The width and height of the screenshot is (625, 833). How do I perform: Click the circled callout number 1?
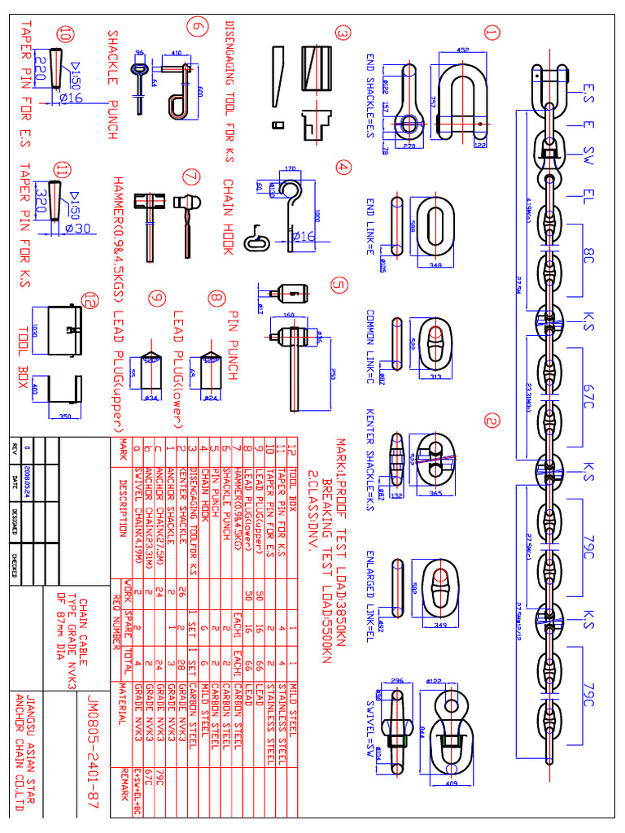click(x=491, y=33)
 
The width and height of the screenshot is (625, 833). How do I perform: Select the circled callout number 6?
click(x=195, y=26)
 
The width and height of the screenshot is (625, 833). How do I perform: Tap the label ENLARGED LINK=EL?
click(x=370, y=583)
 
